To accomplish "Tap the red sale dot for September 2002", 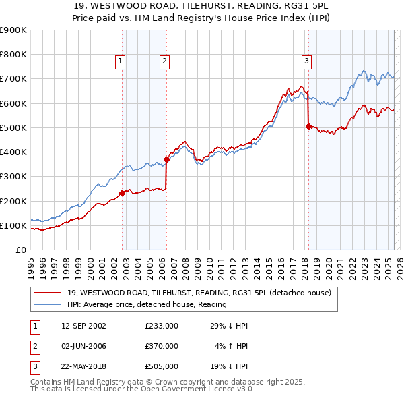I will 122,193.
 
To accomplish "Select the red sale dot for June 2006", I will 166,159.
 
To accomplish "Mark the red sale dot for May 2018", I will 308,126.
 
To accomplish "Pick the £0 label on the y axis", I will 21,250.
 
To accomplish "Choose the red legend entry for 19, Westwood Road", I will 199,293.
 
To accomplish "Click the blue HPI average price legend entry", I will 147,304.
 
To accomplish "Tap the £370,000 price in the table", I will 161,346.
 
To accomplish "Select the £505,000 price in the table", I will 161,366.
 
